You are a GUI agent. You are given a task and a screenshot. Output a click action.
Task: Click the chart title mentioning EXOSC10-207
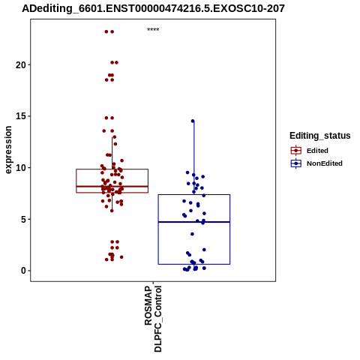point(153,9)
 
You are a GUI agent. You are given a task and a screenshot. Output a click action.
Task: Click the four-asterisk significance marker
point(153,30)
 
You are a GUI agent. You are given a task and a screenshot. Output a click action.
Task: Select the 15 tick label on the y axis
point(21,116)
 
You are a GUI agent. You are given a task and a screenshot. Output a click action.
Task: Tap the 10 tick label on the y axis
point(21,168)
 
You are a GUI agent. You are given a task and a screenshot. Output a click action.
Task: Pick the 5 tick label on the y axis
point(23,219)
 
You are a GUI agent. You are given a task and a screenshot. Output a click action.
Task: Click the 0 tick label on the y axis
point(23,271)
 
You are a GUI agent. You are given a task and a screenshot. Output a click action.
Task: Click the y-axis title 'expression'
point(8,150)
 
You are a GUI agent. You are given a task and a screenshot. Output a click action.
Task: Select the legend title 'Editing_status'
point(320,136)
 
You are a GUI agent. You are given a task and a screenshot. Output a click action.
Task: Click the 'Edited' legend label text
point(317,151)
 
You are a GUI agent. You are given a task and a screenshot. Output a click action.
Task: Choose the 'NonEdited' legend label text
point(325,163)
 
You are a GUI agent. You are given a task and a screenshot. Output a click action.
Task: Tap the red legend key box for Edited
point(296,151)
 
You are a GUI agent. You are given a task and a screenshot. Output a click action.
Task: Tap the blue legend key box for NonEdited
point(296,163)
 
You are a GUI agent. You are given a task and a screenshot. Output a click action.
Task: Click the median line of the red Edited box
point(112,187)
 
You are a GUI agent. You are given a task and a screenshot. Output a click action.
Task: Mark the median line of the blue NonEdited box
point(194,222)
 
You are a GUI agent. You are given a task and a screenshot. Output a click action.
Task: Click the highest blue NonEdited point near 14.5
point(193,121)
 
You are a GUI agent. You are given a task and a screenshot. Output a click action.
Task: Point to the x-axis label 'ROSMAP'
point(148,305)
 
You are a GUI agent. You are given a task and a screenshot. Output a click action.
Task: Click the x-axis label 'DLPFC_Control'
point(158,319)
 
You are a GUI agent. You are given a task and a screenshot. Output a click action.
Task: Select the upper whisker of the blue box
point(194,158)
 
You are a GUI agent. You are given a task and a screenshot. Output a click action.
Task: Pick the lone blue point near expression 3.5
point(192,234)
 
